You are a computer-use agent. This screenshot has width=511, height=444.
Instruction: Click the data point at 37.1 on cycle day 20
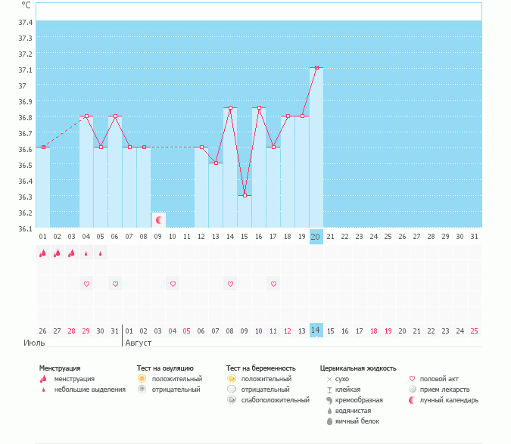point(316,68)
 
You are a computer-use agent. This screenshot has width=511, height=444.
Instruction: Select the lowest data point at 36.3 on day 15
point(245,195)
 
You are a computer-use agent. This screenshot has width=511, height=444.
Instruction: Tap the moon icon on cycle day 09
point(159,220)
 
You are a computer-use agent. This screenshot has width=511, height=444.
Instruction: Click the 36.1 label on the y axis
point(25,228)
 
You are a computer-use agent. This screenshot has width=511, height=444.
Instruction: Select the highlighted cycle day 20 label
point(316,237)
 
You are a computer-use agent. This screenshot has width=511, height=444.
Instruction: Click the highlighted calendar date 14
point(316,331)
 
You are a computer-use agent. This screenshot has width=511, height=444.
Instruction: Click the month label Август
point(138,343)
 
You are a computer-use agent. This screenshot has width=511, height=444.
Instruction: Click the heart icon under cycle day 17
point(273,284)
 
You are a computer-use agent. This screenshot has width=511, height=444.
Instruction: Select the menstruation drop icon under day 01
point(43,253)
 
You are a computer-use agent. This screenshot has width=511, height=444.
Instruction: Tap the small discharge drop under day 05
point(101,253)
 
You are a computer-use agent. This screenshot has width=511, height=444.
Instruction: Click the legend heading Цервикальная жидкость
point(358,368)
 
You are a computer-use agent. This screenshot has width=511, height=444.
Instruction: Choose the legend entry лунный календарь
point(449,400)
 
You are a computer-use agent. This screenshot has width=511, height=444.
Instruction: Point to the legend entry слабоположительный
point(275,400)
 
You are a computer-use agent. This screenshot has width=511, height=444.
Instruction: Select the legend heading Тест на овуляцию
point(166,368)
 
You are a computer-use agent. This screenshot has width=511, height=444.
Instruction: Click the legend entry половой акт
point(440,378)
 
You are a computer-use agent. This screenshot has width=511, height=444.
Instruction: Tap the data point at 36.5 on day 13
point(216,163)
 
